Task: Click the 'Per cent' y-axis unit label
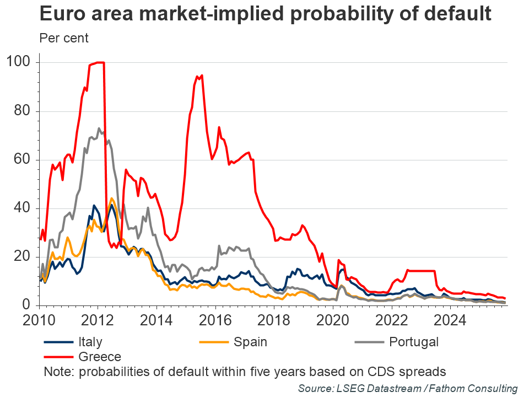(x=64, y=39)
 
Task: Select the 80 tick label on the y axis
(x=24, y=111)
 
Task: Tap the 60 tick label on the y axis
(x=24, y=159)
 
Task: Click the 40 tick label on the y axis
(x=24, y=208)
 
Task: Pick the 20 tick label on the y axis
(x=24, y=256)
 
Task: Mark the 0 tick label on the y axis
(x=28, y=305)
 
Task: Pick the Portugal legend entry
(x=413, y=342)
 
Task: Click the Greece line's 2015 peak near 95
(x=202, y=76)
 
